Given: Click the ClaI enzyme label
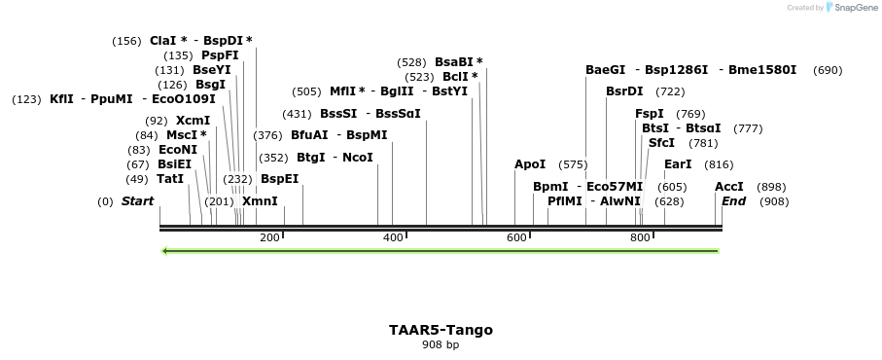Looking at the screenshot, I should pos(163,41).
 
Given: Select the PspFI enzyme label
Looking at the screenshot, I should pos(220,55).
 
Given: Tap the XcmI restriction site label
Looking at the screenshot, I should pos(193,121).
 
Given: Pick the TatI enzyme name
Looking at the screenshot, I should pos(169,179).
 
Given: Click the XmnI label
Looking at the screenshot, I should pos(260,201).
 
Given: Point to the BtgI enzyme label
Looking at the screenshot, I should pos(311,157).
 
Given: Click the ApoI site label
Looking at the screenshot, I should pos(530,164).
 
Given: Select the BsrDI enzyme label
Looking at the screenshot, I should pos(624,91).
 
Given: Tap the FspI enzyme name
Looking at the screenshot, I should pos(650,114).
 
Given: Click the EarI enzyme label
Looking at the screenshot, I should pos(678,164).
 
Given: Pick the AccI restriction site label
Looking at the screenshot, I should pos(729,187).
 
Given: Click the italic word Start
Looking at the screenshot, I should pos(137,201).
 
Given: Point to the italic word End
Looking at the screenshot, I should pos(734,201).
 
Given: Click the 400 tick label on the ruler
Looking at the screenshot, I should pos(393,237).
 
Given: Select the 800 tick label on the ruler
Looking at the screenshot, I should pos(640,237).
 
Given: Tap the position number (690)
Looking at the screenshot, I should pos(828,70).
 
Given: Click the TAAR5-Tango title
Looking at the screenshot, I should pos(441,330).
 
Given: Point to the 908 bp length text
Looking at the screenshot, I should pos(441,345).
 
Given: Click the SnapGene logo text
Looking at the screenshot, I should pos(855,8).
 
